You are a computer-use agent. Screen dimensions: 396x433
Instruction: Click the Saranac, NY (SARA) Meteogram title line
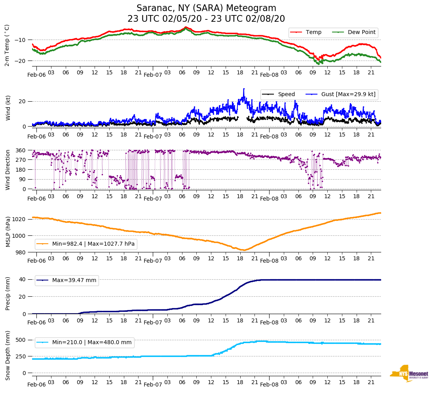coord(206,8)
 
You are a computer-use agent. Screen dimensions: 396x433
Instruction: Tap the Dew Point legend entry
coord(361,32)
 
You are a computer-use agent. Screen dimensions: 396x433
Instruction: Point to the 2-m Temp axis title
coord(7,45)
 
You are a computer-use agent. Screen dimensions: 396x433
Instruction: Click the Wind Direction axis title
coord(8,169)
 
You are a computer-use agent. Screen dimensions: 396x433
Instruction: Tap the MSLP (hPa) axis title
coord(8,231)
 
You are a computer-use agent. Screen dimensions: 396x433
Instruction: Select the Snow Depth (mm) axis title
coord(8,355)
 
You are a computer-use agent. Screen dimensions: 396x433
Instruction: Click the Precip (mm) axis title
coord(8,294)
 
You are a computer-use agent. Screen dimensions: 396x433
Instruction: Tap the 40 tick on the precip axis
coord(23,279)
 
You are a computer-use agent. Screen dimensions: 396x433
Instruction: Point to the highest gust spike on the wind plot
coord(244,89)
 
